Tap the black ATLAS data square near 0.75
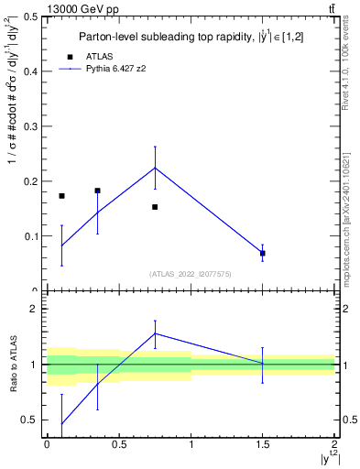(155, 207)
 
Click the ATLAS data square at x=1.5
(263, 253)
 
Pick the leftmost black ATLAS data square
(61, 196)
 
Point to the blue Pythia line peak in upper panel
(155, 168)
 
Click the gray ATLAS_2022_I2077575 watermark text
(191, 274)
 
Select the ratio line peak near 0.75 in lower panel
(155, 333)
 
